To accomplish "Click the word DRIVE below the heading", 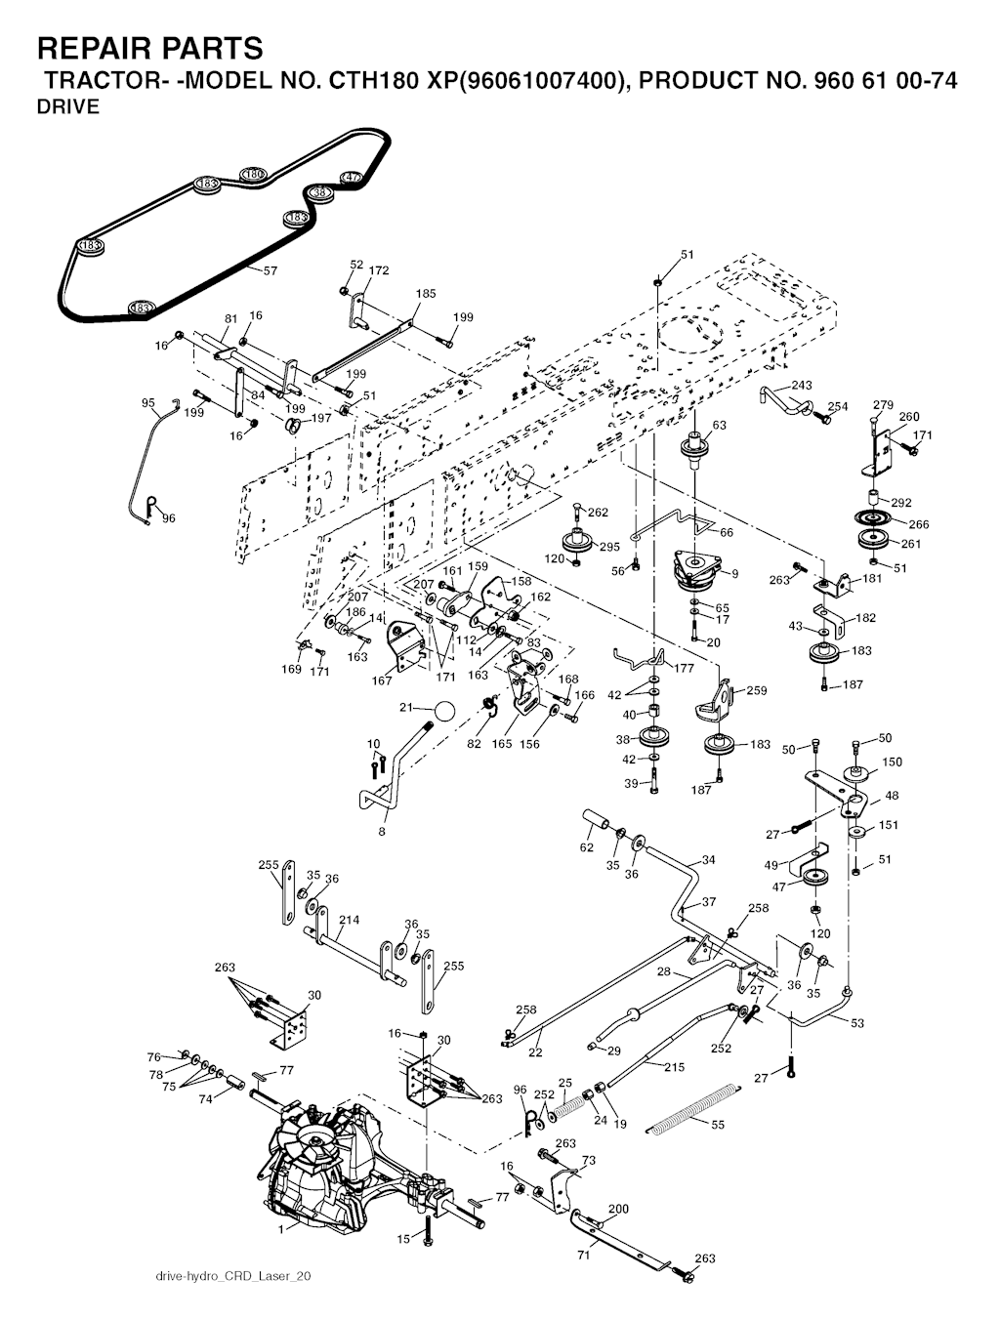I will (x=67, y=108).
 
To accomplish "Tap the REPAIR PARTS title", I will (x=149, y=48).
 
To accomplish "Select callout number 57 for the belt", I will (x=270, y=270).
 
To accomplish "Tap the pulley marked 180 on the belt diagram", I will (x=254, y=174).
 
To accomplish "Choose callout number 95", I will (x=148, y=402).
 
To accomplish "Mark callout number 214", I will (x=349, y=920).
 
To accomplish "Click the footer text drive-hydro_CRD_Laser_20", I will (x=233, y=1276).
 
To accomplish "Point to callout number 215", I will (x=674, y=1067).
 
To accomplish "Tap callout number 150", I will (x=892, y=762).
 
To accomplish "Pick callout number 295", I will (x=609, y=547).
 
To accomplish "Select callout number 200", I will (x=618, y=1209).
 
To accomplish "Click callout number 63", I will (x=719, y=425).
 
